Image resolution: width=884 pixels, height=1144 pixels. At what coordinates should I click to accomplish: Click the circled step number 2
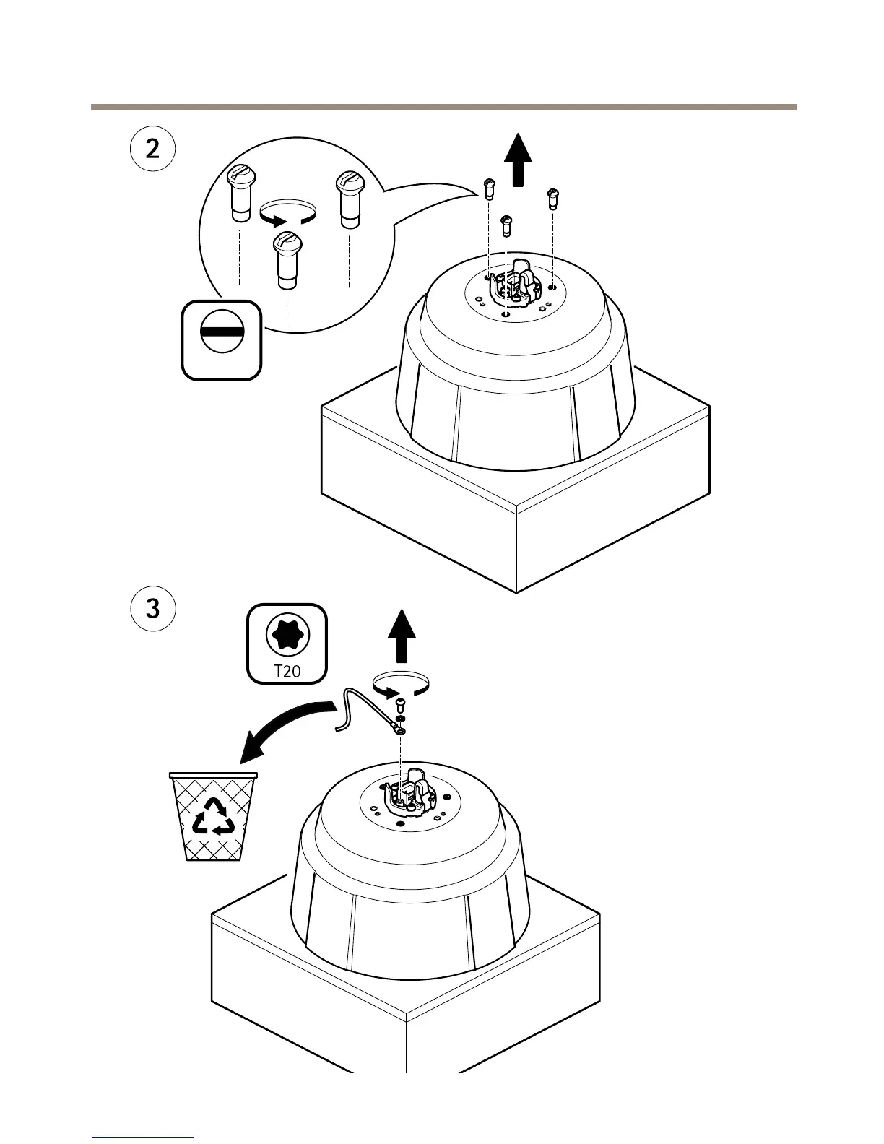(x=152, y=149)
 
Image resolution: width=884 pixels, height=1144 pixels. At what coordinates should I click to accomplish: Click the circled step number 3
(x=152, y=608)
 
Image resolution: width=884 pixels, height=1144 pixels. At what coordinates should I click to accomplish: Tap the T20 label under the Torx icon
(x=287, y=670)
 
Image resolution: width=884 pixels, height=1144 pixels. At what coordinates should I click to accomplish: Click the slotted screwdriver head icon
(x=221, y=339)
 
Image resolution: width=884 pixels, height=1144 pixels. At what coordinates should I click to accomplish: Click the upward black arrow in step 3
(x=402, y=636)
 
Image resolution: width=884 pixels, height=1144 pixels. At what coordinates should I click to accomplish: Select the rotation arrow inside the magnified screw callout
(x=287, y=213)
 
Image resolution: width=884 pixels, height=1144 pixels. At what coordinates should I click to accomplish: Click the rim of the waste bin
(x=213, y=776)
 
